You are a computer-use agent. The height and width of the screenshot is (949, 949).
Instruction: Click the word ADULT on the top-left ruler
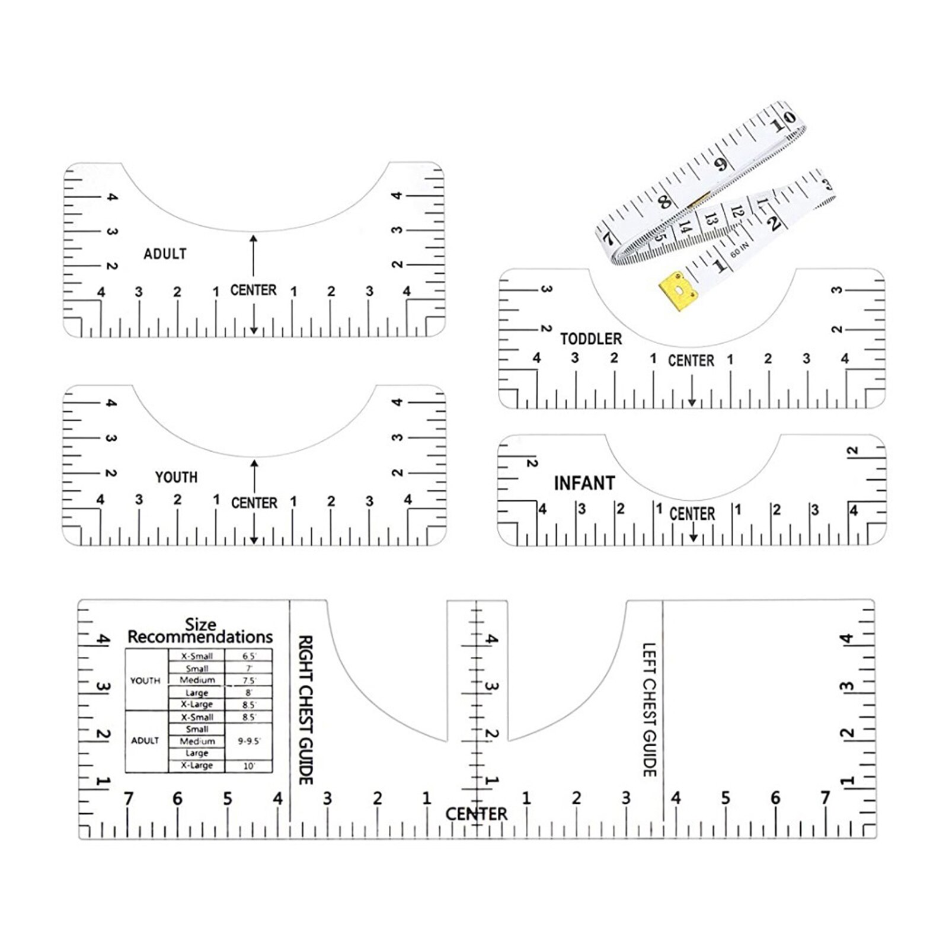[x=165, y=254]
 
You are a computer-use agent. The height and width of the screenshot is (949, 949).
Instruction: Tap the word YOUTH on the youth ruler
[x=176, y=477]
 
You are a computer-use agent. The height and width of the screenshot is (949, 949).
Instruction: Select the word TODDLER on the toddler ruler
[x=591, y=339]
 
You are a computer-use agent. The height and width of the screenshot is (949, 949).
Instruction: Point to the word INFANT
[x=584, y=483]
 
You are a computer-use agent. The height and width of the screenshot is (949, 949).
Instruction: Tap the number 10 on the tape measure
[x=782, y=122]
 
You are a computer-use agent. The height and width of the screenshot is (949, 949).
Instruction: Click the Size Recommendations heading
[x=200, y=632]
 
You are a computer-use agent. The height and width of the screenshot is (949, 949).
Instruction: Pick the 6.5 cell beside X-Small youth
[x=249, y=656]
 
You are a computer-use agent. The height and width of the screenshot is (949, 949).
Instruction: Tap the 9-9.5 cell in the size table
[x=249, y=741]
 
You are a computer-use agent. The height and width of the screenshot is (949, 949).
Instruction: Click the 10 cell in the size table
[x=249, y=766]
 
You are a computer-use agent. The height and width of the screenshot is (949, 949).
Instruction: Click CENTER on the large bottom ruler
[x=477, y=814]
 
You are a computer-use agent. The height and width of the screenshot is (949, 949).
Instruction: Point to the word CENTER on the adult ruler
[x=253, y=290]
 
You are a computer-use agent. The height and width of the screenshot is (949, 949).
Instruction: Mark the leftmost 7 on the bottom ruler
[x=128, y=799]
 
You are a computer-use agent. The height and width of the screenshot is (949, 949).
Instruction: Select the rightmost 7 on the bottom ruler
[x=825, y=798]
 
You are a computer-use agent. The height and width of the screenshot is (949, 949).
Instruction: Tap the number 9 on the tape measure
[x=721, y=164]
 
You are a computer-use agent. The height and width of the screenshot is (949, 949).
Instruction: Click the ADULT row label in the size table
[x=145, y=741]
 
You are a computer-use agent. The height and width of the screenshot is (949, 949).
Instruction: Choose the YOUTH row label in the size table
[x=145, y=680]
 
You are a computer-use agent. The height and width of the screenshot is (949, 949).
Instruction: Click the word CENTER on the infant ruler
[x=692, y=514]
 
